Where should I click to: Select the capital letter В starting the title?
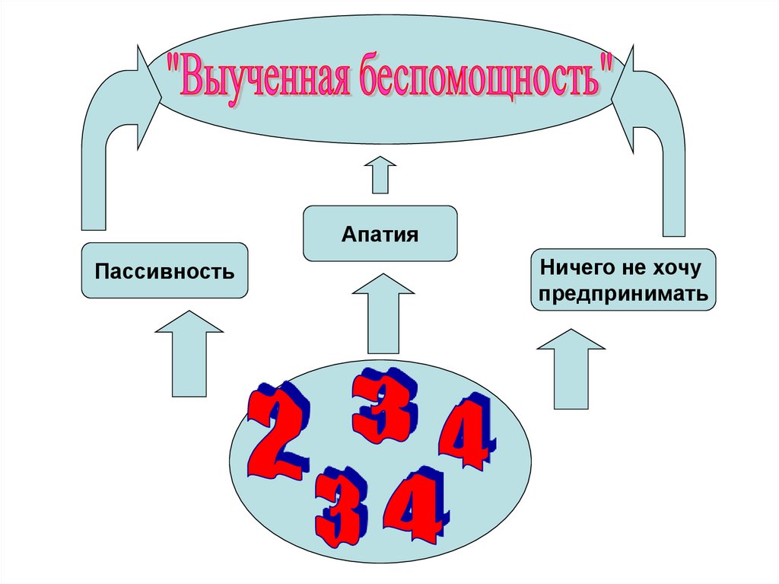[191, 76]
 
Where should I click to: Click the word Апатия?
[380, 233]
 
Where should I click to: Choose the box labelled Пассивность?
[164, 270]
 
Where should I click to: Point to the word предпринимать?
[624, 293]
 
